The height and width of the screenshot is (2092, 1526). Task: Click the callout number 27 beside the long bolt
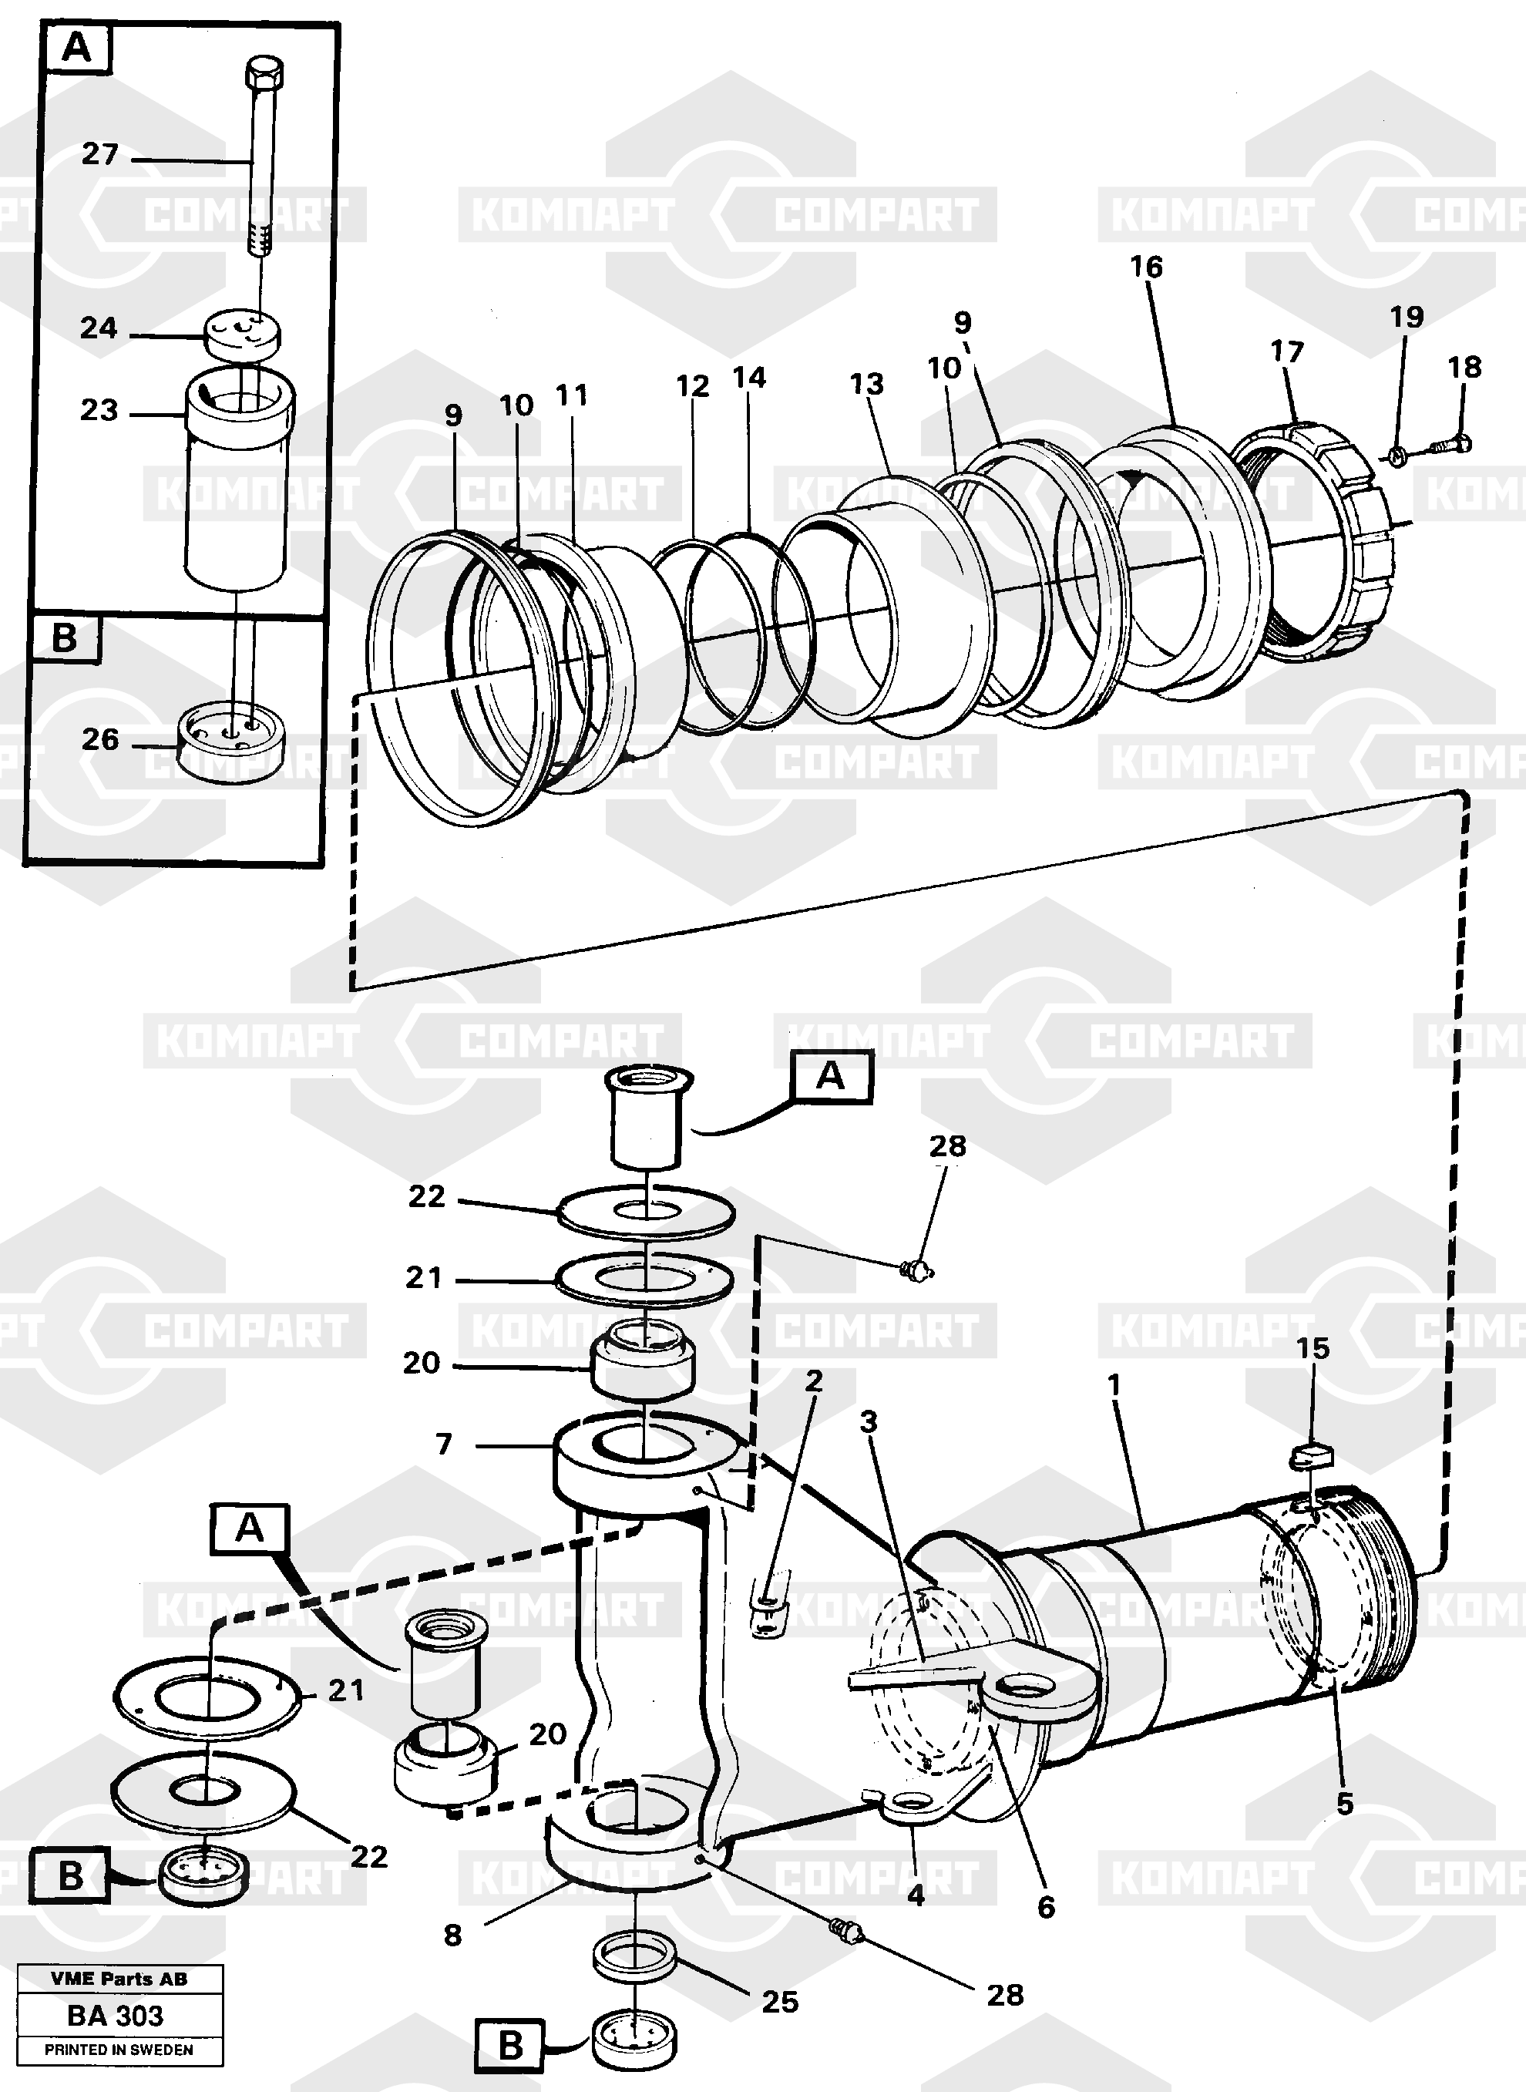pos(99,153)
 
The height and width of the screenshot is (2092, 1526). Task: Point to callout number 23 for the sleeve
pos(99,410)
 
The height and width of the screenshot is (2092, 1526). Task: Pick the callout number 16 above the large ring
pos(1146,267)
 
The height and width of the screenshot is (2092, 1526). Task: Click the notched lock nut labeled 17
pos(1316,537)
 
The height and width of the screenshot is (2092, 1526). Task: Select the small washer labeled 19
pos(1397,452)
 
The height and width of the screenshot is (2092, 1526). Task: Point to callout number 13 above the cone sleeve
pos(866,384)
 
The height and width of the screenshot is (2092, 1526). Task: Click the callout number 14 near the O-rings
pos(749,378)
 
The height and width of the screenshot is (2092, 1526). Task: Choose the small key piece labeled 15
pos(1311,1458)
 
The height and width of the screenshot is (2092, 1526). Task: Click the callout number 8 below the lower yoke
pos(452,1935)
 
